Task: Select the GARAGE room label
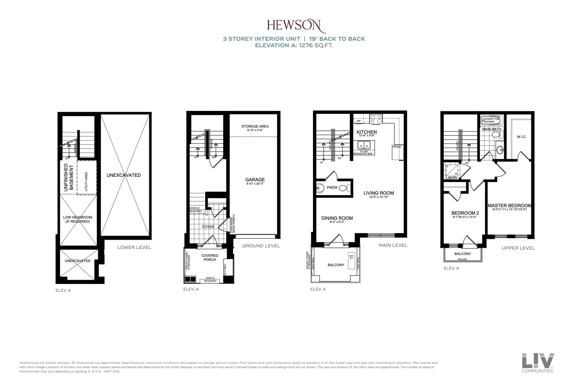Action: pyautogui.click(x=255, y=180)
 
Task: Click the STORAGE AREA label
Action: pyautogui.click(x=255, y=127)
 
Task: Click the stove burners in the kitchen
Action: pyautogui.click(x=376, y=119)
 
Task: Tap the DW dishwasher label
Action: pyautogui.click(x=359, y=121)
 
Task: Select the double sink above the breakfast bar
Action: pyautogui.click(x=364, y=145)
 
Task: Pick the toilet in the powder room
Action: pyautogui.click(x=345, y=188)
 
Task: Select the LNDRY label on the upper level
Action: pyautogui.click(x=452, y=178)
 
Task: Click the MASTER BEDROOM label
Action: pyautogui.click(x=509, y=206)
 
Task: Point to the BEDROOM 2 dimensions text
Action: pyautogui.click(x=465, y=217)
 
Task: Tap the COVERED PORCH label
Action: pyautogui.click(x=209, y=257)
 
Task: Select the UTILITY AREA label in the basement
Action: pyautogui.click(x=86, y=181)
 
